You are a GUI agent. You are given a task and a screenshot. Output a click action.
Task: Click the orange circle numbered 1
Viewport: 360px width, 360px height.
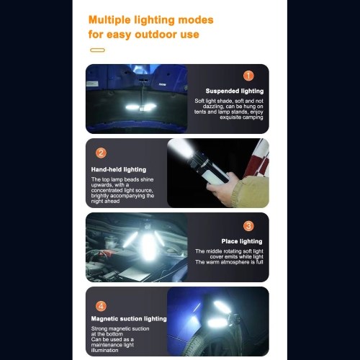coord(248,76)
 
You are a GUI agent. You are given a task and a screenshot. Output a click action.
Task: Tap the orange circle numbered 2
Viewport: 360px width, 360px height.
coord(101,153)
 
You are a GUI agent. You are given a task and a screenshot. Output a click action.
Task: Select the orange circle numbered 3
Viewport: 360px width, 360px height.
coord(248,226)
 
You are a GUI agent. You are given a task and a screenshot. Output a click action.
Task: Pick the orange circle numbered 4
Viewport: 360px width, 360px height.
coord(101,306)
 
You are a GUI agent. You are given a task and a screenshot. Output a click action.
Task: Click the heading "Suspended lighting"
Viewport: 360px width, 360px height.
coord(235,91)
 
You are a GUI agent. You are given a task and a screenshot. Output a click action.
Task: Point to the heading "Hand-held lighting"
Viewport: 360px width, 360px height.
coord(119,169)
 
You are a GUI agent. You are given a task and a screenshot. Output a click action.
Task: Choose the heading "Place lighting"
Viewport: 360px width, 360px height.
coord(242,241)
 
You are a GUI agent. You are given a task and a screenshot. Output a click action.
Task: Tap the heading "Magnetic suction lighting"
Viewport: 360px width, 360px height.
coord(129,319)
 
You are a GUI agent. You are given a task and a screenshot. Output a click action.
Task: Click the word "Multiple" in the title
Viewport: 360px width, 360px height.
coord(109,20)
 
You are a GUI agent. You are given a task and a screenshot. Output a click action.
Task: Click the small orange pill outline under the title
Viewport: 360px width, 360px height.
coord(97,50)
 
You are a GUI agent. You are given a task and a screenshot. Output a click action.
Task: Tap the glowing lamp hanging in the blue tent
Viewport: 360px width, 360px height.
coord(141,107)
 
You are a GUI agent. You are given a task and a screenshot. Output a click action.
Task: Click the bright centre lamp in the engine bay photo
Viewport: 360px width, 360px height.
coord(148,247)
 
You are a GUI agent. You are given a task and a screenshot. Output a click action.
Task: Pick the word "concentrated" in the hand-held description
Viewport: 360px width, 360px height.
coord(107,190)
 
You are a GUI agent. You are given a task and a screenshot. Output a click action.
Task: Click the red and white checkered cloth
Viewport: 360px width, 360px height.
coord(259,160)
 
